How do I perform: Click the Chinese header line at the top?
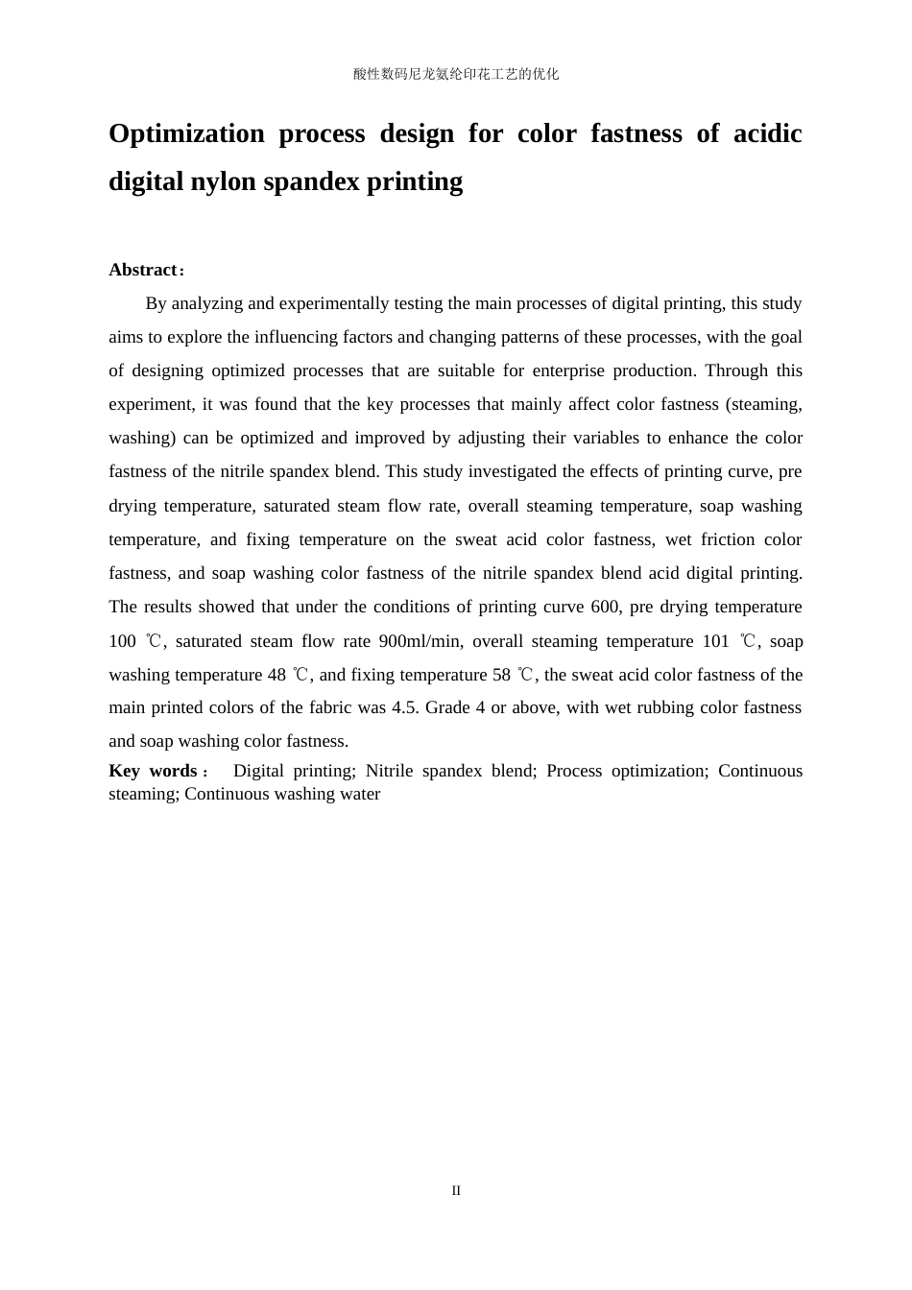coord(456,74)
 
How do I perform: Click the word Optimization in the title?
coord(186,133)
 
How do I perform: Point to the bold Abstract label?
coord(143,270)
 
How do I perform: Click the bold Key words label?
coord(154,771)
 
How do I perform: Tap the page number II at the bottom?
coord(456,1191)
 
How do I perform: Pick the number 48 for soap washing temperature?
coord(276,675)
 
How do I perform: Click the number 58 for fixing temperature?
coord(501,675)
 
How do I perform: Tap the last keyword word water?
coord(359,794)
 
